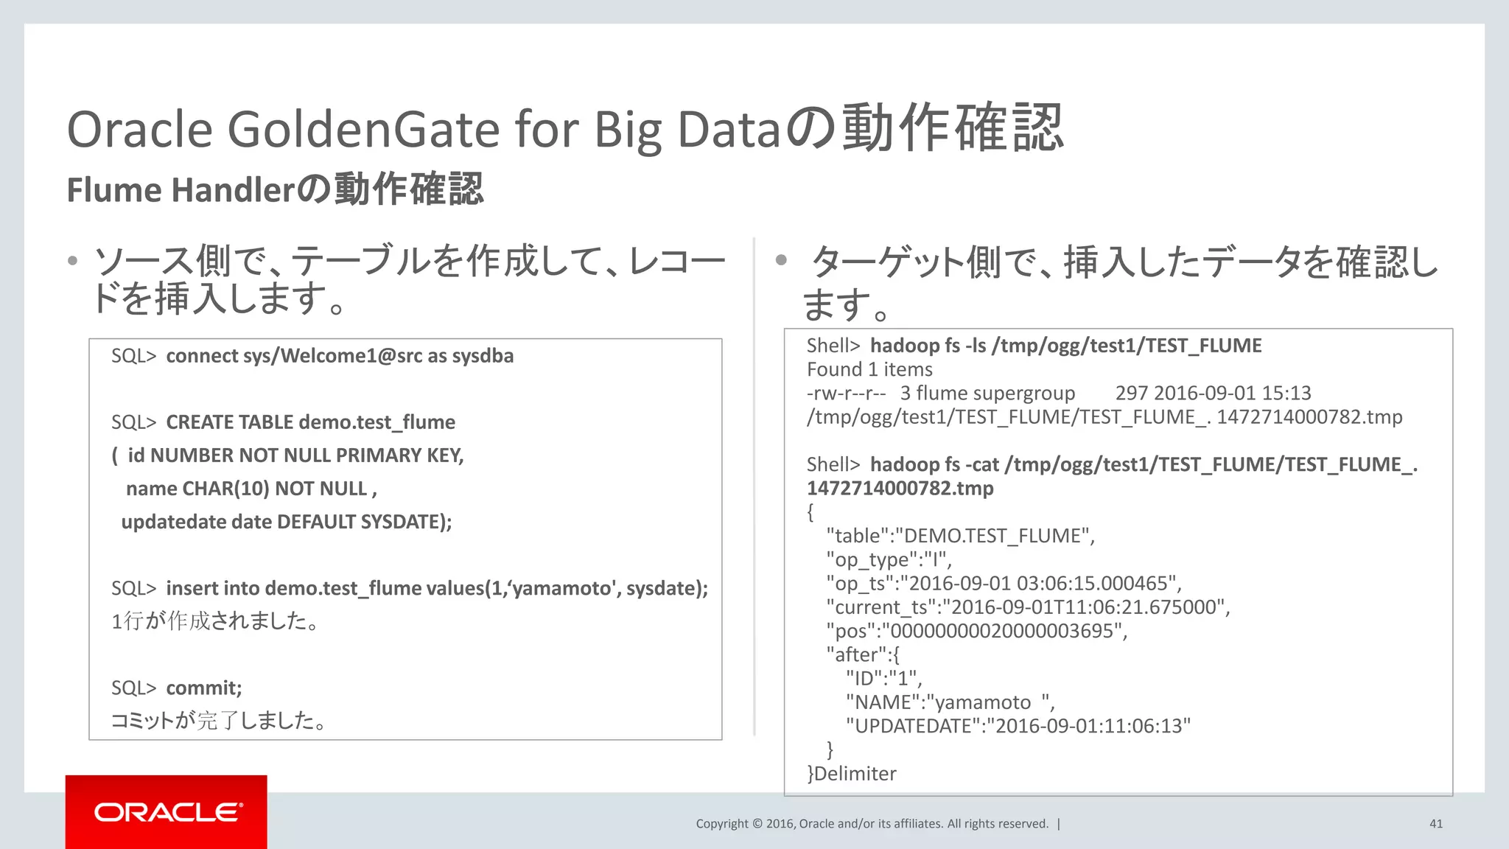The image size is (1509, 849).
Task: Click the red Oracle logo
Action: coord(167,811)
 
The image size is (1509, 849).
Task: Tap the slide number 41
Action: coord(1435,824)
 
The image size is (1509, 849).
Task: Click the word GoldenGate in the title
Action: coord(363,130)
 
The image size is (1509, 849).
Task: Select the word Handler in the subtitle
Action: coord(233,190)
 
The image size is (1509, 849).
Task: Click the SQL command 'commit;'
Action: coord(203,688)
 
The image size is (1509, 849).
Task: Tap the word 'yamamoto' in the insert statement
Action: coord(562,588)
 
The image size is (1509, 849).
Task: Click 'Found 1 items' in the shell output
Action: coord(869,369)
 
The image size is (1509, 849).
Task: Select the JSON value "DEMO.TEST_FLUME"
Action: coord(992,536)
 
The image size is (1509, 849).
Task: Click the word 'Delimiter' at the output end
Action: coord(855,774)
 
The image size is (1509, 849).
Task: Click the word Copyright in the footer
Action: coord(721,824)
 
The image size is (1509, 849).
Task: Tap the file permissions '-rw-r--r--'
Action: coord(846,393)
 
